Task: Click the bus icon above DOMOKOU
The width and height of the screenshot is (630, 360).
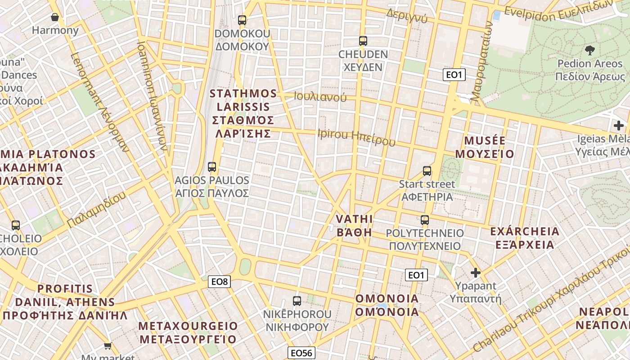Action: click(242, 20)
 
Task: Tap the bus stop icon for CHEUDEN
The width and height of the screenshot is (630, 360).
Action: click(363, 41)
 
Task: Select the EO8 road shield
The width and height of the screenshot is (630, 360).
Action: click(220, 282)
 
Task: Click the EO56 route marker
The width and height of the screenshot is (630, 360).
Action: click(301, 353)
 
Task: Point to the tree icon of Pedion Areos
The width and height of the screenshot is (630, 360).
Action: click(589, 50)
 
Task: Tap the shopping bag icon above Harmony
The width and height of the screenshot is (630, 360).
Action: click(55, 18)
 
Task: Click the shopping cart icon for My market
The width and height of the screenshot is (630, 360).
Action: click(108, 346)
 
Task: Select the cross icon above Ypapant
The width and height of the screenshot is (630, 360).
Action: click(475, 272)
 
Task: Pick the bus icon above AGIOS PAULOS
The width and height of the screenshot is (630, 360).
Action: click(212, 167)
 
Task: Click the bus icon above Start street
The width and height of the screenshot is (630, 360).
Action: click(427, 171)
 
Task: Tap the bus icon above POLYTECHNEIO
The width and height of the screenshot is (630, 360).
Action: click(425, 220)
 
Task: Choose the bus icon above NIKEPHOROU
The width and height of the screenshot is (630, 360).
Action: click(297, 301)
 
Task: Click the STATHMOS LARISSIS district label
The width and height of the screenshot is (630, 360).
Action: click(243, 113)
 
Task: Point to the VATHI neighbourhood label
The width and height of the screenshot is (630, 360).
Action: click(355, 225)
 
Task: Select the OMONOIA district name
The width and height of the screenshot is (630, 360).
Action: click(387, 305)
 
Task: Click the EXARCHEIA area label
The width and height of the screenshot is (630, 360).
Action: click(525, 238)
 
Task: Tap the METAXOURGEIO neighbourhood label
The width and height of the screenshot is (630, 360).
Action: click(187, 333)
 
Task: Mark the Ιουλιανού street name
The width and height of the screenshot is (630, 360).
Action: click(320, 97)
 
